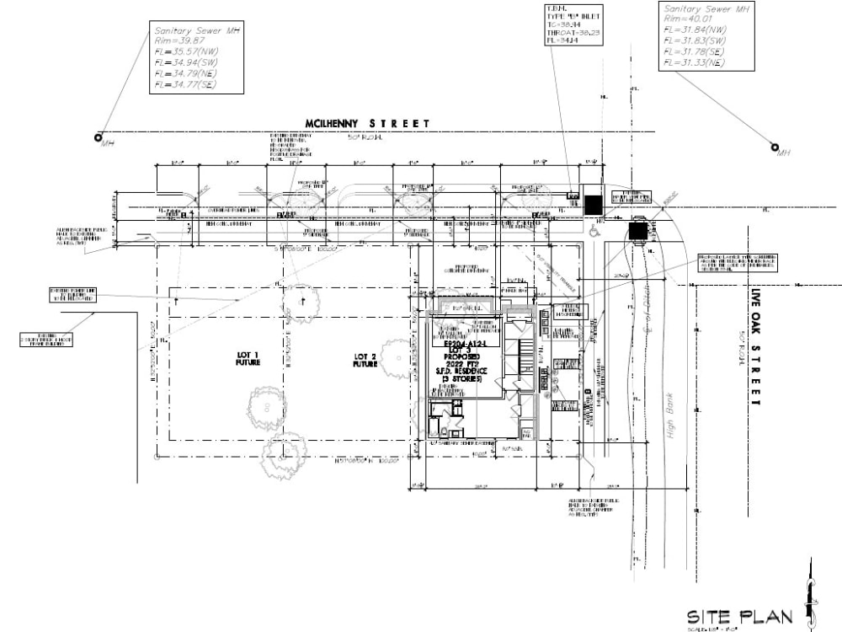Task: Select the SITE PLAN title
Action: [x=739, y=617]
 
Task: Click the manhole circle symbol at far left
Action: [x=99, y=137]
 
